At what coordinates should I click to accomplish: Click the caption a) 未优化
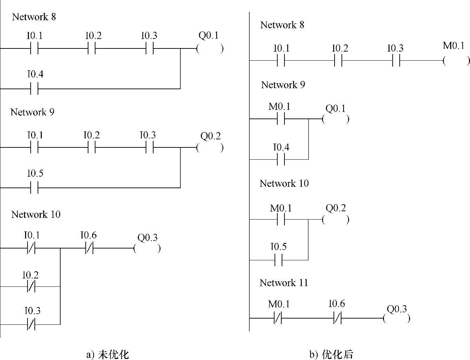point(108,354)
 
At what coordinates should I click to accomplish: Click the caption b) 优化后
point(331,354)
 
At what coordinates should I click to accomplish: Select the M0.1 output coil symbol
point(456,61)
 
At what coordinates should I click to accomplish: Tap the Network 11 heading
point(284,283)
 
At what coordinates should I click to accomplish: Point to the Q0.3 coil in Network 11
point(397,318)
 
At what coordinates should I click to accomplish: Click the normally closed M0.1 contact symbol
point(278,318)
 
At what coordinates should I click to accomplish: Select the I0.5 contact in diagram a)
point(34,188)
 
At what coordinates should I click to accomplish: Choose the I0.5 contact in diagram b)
point(279,260)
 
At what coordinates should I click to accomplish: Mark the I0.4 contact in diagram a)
point(34,89)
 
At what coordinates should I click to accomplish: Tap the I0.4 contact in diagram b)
point(281,159)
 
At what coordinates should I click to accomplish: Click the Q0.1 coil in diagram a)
point(210,49)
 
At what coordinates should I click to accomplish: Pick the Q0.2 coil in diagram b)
point(336,220)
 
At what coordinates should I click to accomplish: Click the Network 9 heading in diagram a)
point(32,112)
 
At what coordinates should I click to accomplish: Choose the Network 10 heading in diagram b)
point(284,184)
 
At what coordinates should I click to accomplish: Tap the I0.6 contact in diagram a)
point(89,248)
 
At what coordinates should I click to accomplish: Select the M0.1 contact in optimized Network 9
point(281,119)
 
